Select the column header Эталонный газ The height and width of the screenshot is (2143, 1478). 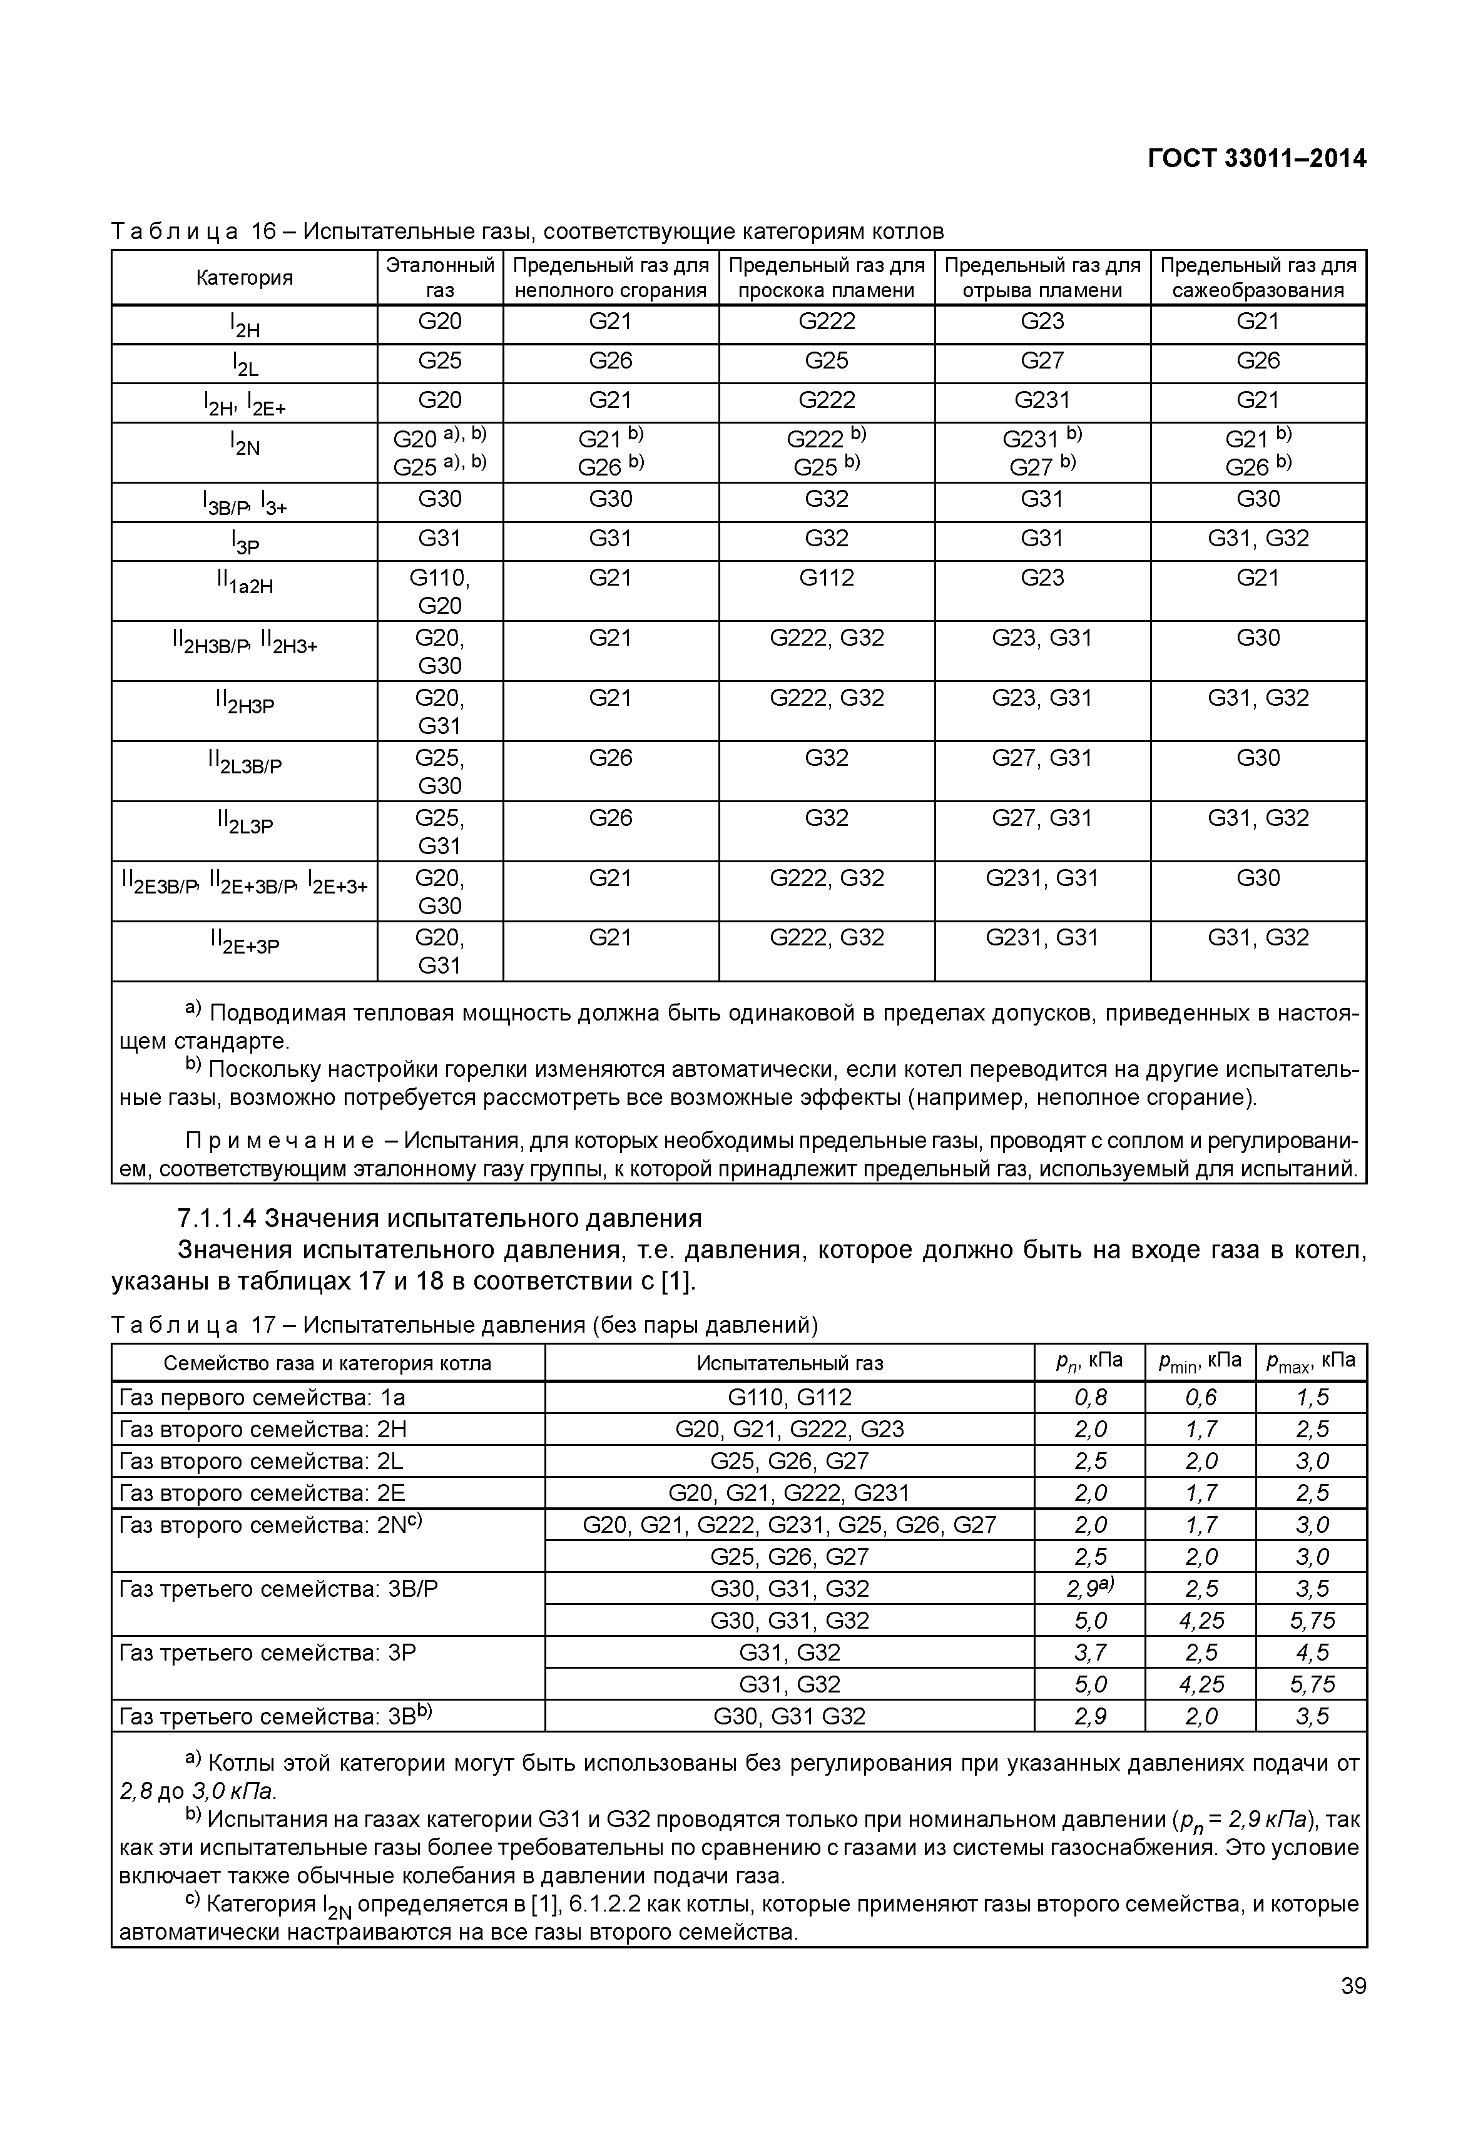440,278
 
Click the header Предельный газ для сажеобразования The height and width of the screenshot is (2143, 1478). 1258,278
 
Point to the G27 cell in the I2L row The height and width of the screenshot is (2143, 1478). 1042,361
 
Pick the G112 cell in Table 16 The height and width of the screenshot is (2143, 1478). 826,579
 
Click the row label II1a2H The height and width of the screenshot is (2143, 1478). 245,583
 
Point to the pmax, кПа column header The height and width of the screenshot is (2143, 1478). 1310,1362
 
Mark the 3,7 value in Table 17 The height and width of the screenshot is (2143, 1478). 1090,1652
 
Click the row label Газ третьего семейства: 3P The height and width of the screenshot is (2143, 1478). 268,1652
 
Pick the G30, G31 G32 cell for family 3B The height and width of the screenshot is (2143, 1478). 789,1716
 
